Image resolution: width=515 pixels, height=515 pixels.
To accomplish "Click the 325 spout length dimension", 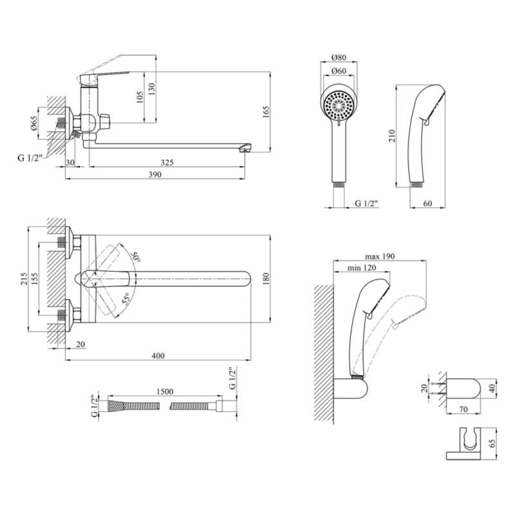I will (167, 163).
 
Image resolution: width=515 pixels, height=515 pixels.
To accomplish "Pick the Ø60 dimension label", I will (339, 72).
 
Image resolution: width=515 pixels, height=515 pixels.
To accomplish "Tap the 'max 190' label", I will (379, 256).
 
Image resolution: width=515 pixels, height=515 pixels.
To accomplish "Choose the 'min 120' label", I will (361, 268).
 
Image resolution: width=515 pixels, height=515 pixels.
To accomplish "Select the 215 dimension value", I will (24, 278).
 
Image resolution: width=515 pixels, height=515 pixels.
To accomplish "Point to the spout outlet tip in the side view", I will (245, 149).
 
